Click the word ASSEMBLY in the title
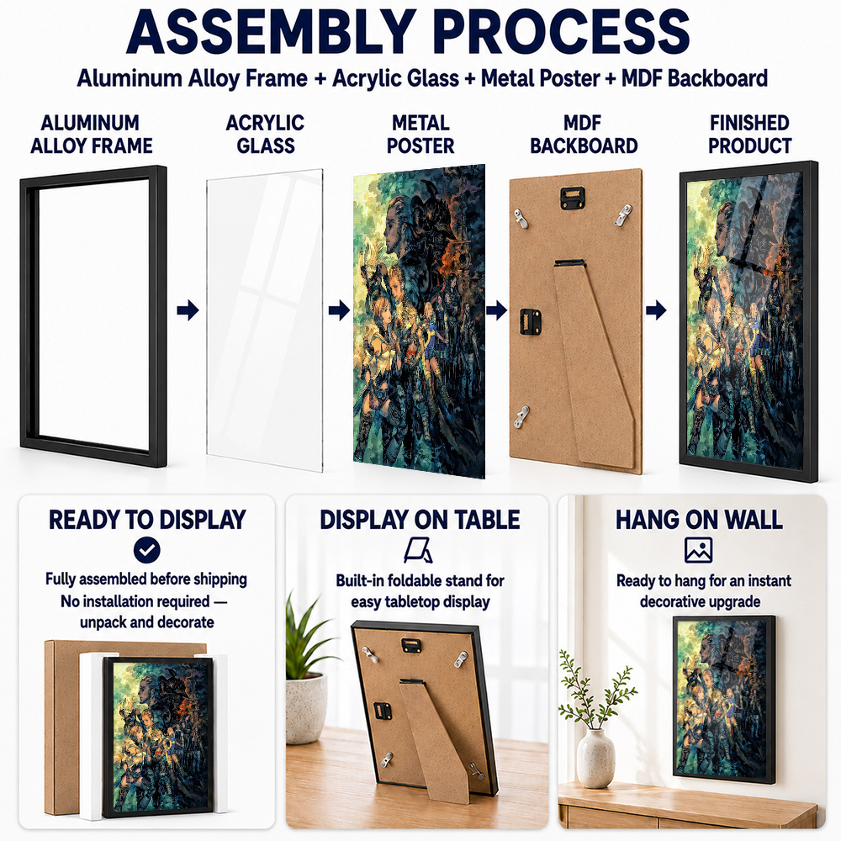coord(272,32)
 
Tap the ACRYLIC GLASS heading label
coord(265,134)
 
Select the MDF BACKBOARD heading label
coord(584,134)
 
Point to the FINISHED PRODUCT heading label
coord(749,134)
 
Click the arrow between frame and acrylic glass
coord(188,310)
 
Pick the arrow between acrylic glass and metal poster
coord(339,310)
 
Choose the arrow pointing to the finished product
coord(656,310)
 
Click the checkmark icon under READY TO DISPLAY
coord(147,550)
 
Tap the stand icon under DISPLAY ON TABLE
coord(418,550)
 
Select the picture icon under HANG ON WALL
coord(698,550)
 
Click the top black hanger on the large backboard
coord(573,198)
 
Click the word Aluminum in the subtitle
coord(130,78)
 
